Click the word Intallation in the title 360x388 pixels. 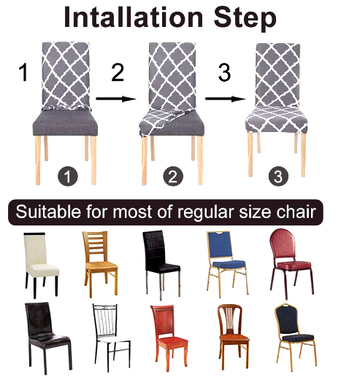coord(134,18)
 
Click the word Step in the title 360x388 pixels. coord(245,18)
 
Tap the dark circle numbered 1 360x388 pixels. coord(68,176)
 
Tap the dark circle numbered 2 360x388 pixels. coord(173,176)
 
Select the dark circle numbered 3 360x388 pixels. coord(278,176)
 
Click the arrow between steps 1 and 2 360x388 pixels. coord(116,99)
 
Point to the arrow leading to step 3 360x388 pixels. coord(225,99)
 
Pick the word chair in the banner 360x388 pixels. coord(296,212)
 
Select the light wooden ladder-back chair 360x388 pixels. coord(100,263)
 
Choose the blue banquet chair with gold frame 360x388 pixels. coord(227,263)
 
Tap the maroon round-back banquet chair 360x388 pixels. coord(291,263)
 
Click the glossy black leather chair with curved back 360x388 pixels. coord(47,338)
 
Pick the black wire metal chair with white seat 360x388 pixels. coord(111,337)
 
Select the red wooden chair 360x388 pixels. coord(169,337)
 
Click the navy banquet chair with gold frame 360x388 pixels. coord(295,337)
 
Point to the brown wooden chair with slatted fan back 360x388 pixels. coord(233,336)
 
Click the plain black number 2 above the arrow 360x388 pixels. coord(118,72)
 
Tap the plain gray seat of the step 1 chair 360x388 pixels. coord(65,123)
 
